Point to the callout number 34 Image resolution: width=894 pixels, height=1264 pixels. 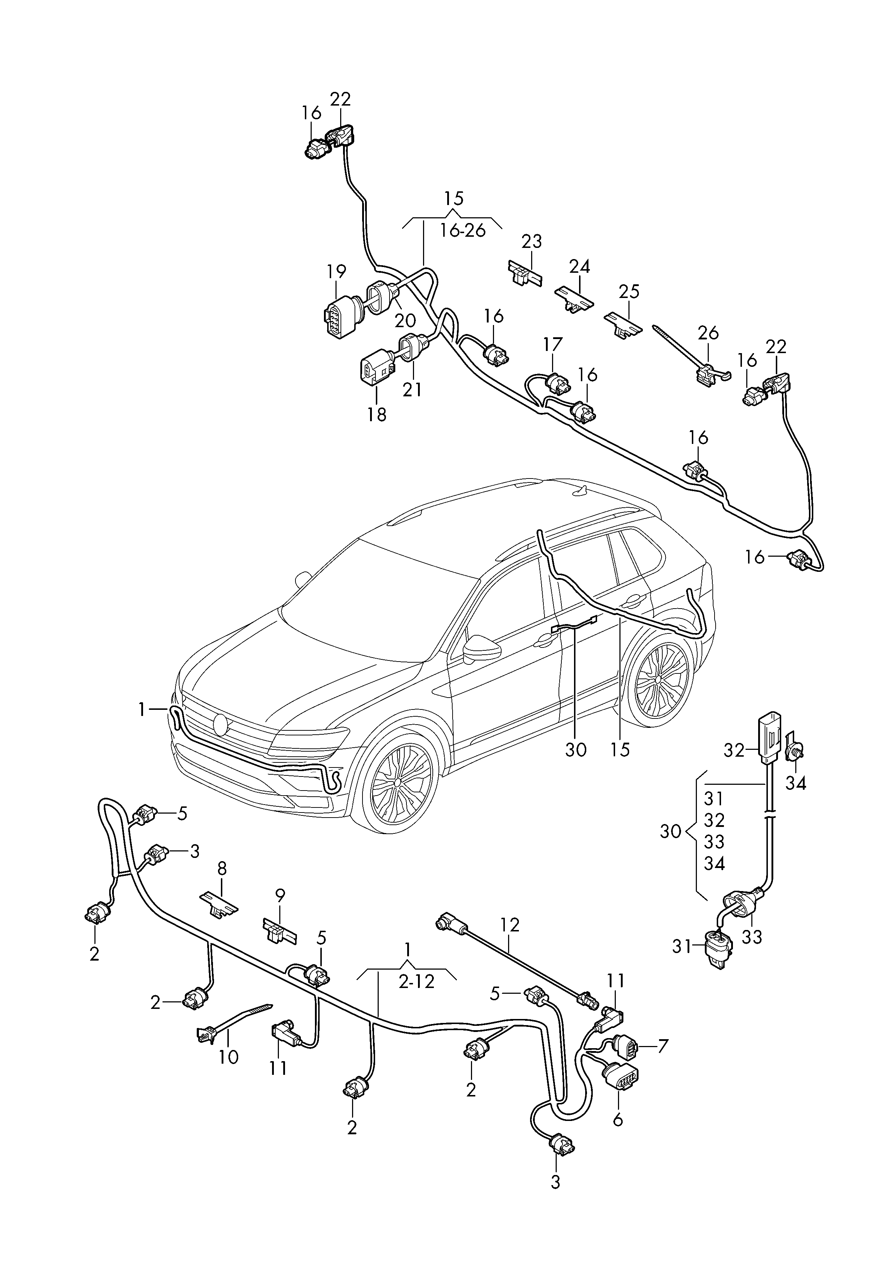[x=796, y=783]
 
